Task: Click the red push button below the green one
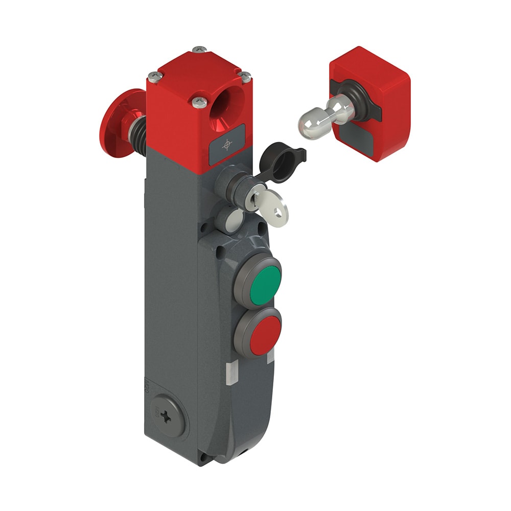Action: point(259,335)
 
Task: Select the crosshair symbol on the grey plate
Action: point(227,145)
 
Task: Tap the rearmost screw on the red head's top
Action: point(200,50)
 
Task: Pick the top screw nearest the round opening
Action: point(200,103)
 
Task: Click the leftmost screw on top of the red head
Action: point(155,77)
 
